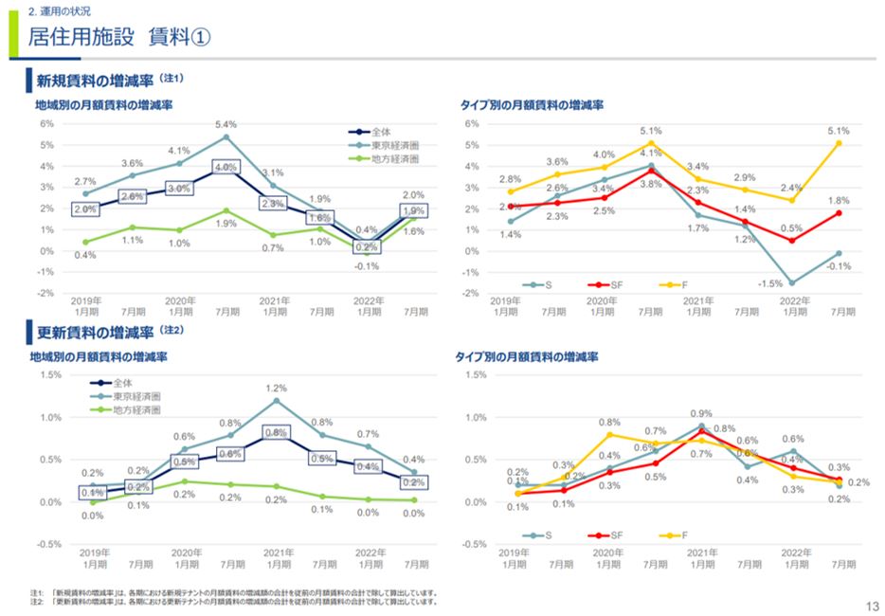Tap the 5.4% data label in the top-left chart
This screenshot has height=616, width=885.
(x=226, y=124)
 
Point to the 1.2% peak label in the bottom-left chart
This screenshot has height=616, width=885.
(x=277, y=389)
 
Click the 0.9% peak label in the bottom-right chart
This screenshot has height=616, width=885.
(x=701, y=414)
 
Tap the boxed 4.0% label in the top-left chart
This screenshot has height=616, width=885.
(x=226, y=167)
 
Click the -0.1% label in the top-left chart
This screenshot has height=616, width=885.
(x=367, y=266)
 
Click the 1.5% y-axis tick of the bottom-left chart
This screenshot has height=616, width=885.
(x=48, y=374)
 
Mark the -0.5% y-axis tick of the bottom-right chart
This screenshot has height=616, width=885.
(x=473, y=544)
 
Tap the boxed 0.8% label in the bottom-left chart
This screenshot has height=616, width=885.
(x=277, y=432)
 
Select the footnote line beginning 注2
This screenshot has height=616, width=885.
(x=232, y=601)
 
